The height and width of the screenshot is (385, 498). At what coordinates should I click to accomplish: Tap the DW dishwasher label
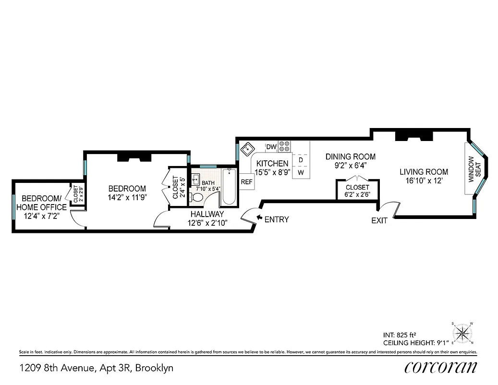coord(271,146)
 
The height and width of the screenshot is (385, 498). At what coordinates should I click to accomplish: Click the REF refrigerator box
coord(246,182)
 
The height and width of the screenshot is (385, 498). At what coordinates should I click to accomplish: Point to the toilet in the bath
coord(197,197)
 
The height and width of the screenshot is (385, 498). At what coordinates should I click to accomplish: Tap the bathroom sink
coord(195,180)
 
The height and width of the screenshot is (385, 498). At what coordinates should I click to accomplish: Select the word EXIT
coord(379,220)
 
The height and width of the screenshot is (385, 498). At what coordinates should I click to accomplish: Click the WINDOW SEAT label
coord(474,169)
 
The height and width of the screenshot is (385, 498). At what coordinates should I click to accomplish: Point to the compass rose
coord(462,333)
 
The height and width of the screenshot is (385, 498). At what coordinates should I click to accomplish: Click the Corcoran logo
coord(441,367)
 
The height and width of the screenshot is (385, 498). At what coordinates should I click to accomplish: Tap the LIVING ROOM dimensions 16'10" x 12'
coord(424,181)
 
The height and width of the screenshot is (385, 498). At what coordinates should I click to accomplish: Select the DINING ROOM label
coord(351,157)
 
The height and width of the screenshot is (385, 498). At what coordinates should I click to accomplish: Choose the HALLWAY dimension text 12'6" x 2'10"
coord(207,222)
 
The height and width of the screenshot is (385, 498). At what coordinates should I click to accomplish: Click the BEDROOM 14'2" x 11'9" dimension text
coord(127,197)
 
